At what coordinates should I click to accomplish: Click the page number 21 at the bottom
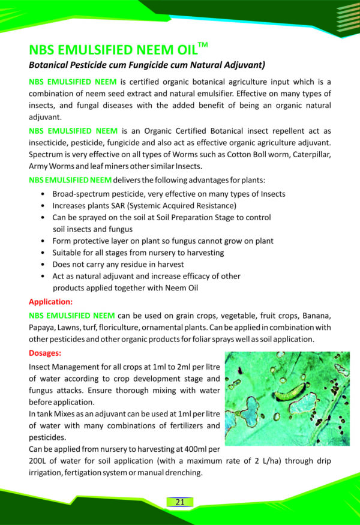point(180,502)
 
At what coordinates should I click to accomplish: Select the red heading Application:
point(51,302)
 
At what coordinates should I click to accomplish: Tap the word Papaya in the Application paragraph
point(43,328)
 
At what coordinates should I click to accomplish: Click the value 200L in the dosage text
point(40,461)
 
